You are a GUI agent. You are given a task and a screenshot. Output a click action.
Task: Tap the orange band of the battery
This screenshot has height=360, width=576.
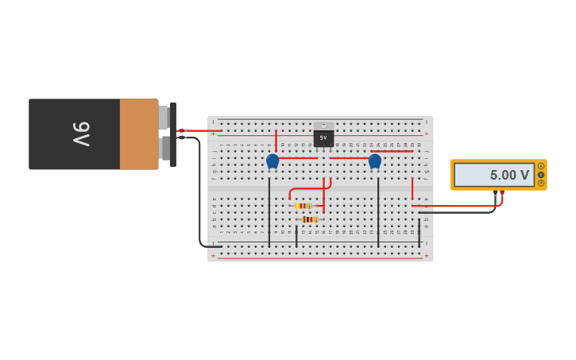(139, 134)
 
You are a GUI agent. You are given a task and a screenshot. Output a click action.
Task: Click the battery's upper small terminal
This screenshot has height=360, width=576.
(164, 118)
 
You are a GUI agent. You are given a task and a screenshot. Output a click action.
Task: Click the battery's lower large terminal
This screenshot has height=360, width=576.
(164, 148)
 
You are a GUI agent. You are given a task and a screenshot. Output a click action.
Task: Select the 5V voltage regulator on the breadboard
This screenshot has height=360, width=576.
(323, 137)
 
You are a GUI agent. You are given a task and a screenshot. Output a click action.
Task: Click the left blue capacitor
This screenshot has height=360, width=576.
(273, 161)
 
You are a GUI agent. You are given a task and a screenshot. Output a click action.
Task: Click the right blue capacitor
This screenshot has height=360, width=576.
(375, 161)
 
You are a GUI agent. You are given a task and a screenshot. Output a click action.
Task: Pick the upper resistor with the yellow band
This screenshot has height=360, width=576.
(303, 206)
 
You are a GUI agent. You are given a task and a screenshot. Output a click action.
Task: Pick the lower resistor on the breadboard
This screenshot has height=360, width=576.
(309, 219)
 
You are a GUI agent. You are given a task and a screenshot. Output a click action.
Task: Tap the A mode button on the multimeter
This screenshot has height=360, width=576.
(541, 166)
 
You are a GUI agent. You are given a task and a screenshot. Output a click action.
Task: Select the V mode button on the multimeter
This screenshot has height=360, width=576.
(541, 175)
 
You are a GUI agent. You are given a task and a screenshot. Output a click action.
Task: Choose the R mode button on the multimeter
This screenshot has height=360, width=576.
(541, 183)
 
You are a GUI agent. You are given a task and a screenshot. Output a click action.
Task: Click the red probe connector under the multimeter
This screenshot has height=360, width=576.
(501, 192)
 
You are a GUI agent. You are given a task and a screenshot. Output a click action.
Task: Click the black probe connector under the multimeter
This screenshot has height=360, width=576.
(495, 192)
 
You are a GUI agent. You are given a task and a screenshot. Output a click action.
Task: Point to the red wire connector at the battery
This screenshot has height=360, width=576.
(181, 130)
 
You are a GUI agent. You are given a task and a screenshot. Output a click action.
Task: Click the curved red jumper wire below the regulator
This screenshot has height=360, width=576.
(306, 189)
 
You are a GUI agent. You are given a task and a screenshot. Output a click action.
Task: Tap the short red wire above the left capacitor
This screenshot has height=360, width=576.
(276, 141)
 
